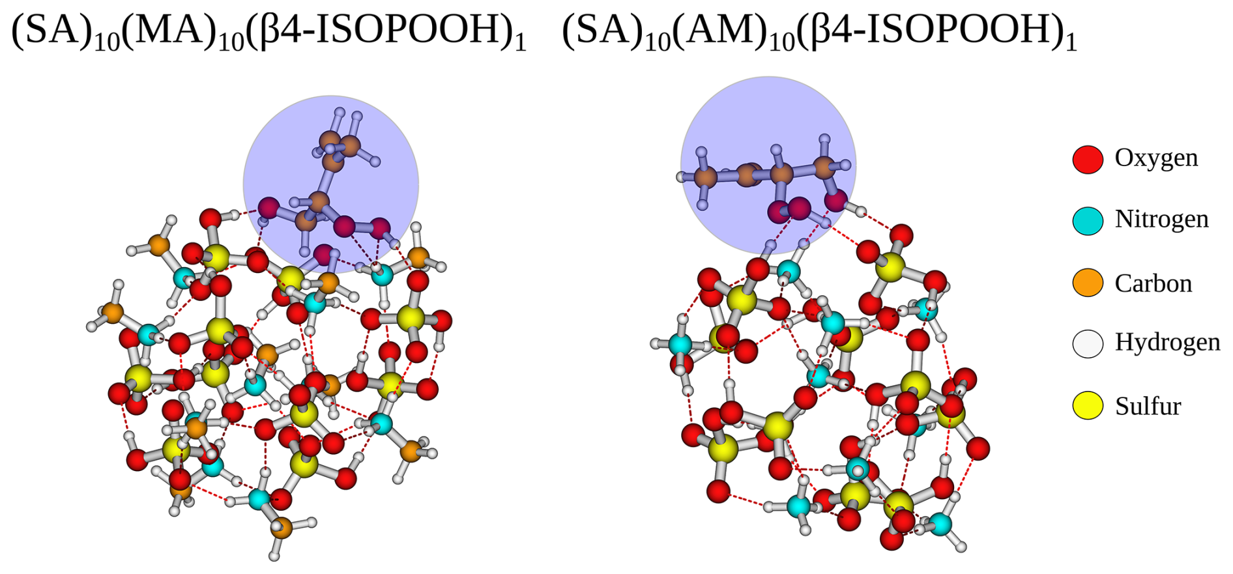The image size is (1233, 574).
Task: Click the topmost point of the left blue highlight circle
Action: (x=331, y=96)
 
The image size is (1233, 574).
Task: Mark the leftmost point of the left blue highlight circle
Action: (x=243, y=184)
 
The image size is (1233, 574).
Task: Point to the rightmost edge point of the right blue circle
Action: (x=856, y=165)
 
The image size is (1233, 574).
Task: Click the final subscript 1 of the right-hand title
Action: (x=1070, y=43)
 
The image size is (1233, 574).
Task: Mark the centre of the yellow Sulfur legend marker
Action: (x=1088, y=405)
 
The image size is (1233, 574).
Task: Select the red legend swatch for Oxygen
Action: (x=1088, y=159)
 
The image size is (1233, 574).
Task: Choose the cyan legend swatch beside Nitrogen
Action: (x=1088, y=220)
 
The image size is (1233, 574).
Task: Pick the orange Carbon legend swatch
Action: (x=1088, y=282)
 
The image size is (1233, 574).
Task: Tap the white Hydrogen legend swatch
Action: (x=1088, y=343)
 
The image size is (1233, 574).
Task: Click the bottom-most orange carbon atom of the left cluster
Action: (x=282, y=527)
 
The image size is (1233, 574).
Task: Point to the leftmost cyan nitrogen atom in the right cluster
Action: (x=680, y=344)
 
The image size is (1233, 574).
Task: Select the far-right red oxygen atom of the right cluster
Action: (x=978, y=448)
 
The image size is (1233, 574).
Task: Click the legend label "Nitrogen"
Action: (x=1161, y=219)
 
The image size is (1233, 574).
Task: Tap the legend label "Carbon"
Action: (x=1153, y=283)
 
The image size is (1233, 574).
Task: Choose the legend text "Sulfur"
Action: (x=1148, y=406)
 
